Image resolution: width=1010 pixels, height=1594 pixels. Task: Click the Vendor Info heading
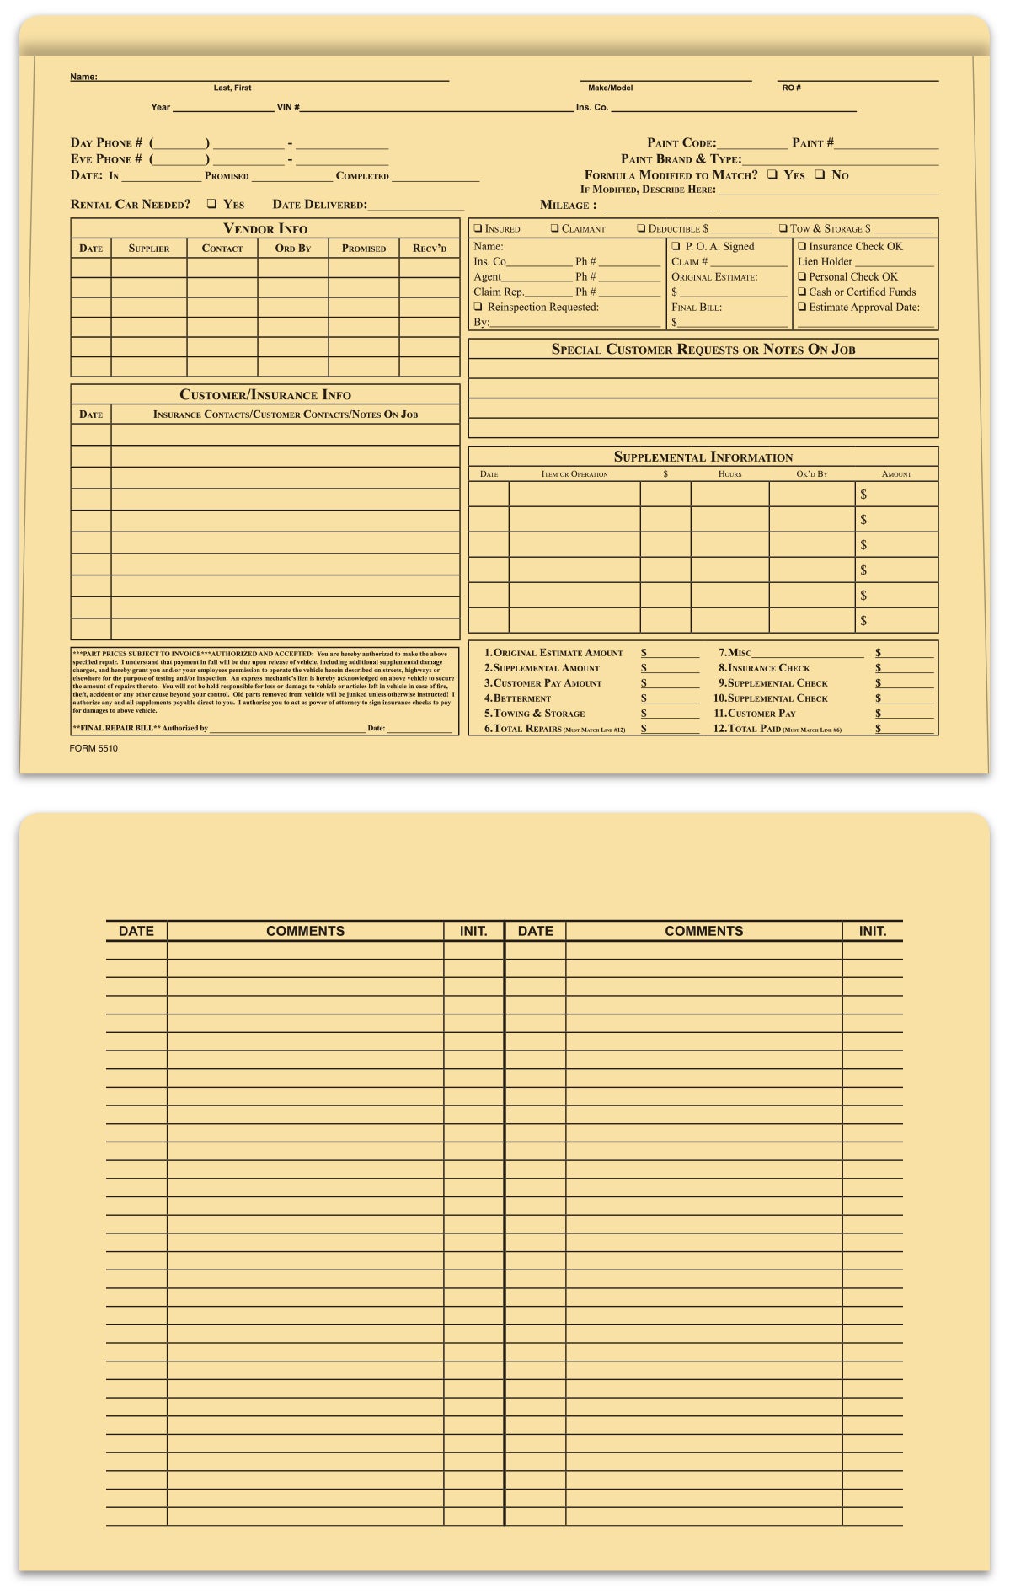[x=265, y=229]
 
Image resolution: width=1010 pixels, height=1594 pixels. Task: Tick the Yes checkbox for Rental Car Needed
[x=212, y=204]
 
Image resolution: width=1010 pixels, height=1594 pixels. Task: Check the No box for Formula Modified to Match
[x=820, y=174]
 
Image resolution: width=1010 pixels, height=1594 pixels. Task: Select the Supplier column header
[x=149, y=249]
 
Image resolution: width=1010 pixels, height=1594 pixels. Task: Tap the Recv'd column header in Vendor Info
[x=430, y=249]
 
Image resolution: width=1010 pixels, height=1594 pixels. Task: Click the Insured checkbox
[x=478, y=228]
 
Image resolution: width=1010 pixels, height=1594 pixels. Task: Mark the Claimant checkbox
[x=555, y=228]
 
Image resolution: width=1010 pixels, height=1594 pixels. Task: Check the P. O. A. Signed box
[x=676, y=246]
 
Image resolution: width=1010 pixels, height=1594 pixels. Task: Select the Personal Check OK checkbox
[x=802, y=276]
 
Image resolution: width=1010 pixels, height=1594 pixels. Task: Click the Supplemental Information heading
[x=703, y=457]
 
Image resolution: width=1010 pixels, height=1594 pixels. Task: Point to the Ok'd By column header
[x=812, y=474]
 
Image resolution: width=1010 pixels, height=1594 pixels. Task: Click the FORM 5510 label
[x=94, y=748]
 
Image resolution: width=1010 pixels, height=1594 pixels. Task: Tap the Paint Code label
[x=681, y=143]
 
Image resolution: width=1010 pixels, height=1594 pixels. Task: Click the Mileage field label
[x=569, y=205]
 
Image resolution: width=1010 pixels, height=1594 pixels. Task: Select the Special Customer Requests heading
[x=703, y=350]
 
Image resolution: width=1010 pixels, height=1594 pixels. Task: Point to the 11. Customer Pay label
[x=755, y=714]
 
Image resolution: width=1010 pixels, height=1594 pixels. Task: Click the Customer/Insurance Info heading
[x=265, y=395]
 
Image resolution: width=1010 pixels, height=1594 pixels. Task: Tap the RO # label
[x=792, y=88]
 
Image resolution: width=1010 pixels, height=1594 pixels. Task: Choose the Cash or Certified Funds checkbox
[x=802, y=292]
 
